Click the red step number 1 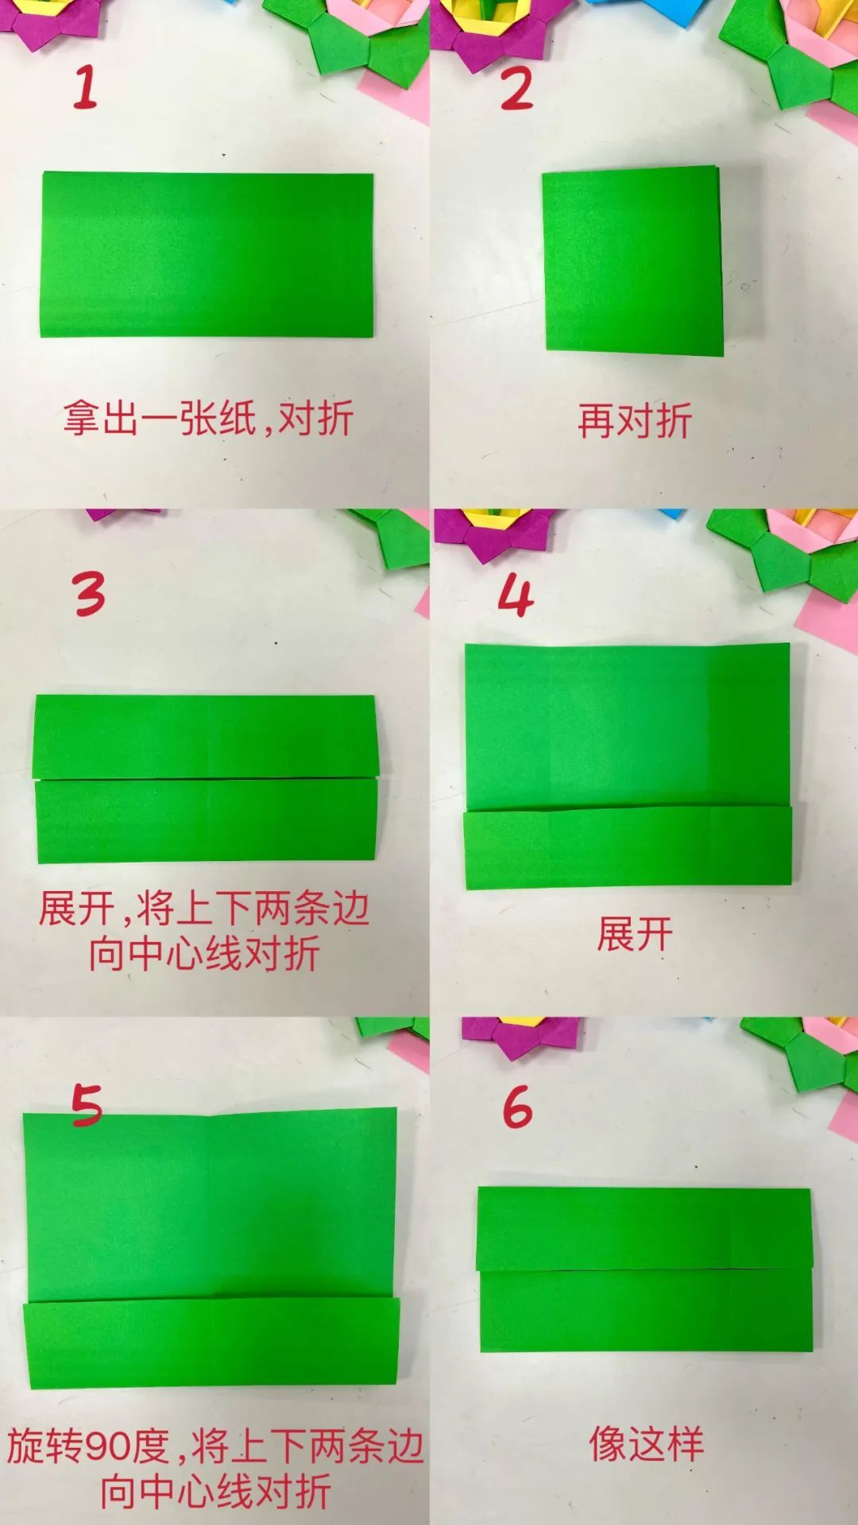[x=85, y=87]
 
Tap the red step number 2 [x=516, y=88]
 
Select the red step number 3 [x=89, y=595]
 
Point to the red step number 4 [x=516, y=596]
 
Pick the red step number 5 [x=87, y=1105]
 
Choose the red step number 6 [x=517, y=1107]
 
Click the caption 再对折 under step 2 [x=635, y=420]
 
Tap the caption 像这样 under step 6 [x=646, y=1443]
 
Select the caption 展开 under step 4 [x=635, y=933]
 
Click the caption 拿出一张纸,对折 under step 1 [x=208, y=418]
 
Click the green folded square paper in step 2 [x=633, y=261]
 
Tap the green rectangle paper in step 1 [x=207, y=254]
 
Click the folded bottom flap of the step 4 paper [x=628, y=847]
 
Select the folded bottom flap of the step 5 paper [x=212, y=1342]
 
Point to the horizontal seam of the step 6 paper [x=644, y=1268]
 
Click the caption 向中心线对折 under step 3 [x=204, y=954]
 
